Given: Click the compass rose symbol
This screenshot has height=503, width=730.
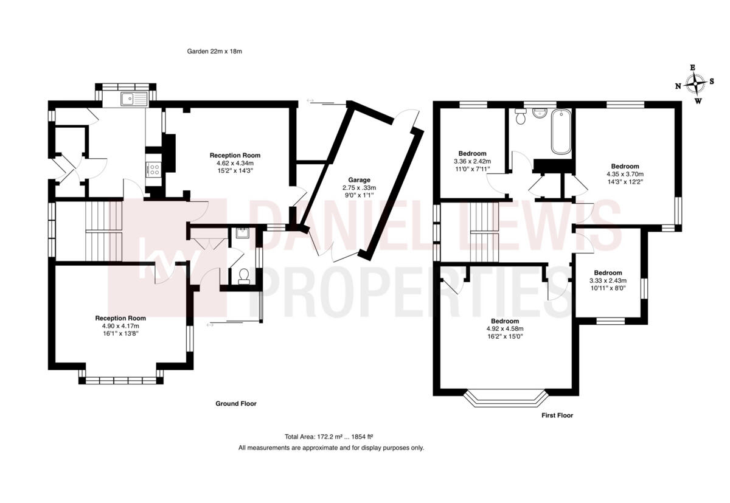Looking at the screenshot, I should [694, 84].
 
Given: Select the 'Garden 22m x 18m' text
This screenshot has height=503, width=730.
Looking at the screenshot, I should [214, 52].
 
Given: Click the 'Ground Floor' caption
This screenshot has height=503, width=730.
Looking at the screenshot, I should [236, 403].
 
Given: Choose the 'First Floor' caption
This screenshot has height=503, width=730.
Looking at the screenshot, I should [557, 415].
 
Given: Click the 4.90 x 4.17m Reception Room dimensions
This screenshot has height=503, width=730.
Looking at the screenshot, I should [120, 326].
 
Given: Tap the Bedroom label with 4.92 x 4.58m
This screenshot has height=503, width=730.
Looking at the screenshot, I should [505, 321].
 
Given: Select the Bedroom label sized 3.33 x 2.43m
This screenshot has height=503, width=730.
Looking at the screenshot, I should [608, 272].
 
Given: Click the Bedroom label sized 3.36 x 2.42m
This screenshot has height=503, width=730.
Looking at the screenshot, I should [472, 153].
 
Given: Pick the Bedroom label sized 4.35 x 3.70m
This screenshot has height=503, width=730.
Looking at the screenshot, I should [625, 166].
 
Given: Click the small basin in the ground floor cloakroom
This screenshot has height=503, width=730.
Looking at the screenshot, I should [242, 232].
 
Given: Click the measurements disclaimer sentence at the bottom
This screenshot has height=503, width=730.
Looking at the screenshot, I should [331, 448].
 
